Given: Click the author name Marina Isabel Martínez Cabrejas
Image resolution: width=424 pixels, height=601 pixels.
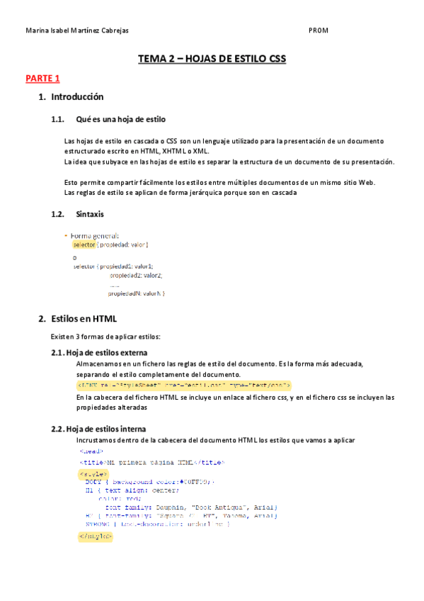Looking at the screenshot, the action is (76, 31).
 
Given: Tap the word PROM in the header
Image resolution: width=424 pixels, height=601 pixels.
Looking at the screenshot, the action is (319, 31).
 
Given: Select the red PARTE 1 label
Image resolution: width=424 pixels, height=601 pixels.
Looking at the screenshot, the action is (42, 78).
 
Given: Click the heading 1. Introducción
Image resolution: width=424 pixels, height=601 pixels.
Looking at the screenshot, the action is (71, 96).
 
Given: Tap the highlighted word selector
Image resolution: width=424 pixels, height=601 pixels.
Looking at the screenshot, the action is (84, 245).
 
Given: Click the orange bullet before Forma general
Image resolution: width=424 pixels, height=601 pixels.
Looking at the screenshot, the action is (66, 235).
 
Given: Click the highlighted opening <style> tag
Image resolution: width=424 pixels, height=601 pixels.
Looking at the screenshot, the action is (93, 473).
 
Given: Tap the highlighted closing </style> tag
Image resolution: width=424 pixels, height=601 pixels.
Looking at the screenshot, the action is (95, 536).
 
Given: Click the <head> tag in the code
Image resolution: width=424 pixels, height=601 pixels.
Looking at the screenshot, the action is (91, 451).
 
